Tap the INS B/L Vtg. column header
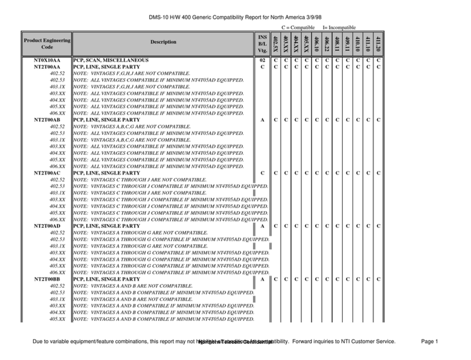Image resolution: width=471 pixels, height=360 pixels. [262, 42]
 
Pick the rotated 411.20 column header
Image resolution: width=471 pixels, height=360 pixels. [378, 42]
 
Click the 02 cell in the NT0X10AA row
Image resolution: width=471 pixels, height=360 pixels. [262, 60]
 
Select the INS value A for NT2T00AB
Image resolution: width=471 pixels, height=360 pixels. [262, 120]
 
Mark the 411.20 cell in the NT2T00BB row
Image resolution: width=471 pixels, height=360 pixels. [378, 280]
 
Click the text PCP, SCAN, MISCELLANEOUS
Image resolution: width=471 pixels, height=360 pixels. [111, 60]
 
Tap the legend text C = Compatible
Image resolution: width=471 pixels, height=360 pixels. [298, 27]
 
